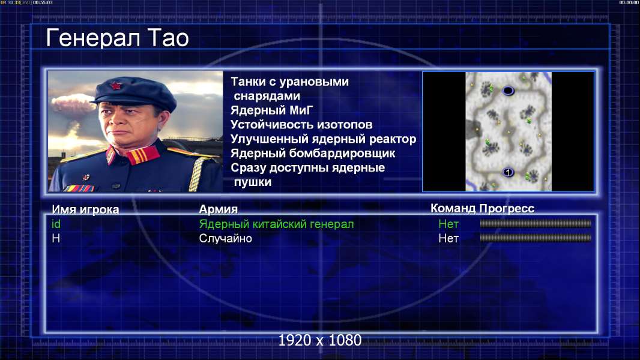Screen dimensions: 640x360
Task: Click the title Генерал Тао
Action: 118,38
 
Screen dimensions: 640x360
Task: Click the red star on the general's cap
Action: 116,86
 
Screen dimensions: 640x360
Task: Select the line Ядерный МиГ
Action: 271,110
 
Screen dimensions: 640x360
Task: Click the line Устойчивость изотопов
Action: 301,124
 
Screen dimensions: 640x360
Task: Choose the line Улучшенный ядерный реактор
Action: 323,139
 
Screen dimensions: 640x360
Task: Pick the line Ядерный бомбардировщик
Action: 313,153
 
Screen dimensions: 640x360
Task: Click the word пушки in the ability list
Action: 253,182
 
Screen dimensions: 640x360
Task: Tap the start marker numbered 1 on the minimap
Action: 508,172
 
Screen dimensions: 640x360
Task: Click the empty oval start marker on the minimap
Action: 508,91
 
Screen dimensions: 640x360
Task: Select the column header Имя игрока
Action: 85,209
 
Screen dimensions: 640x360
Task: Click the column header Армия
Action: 219,209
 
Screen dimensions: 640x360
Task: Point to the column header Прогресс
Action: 507,208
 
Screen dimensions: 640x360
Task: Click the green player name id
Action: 56,224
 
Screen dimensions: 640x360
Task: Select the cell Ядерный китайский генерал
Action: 276,224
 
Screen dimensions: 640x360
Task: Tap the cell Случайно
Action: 225,239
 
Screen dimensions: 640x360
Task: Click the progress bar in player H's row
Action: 536,238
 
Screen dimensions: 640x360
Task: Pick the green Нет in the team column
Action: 448,224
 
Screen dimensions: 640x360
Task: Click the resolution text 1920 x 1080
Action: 320,340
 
